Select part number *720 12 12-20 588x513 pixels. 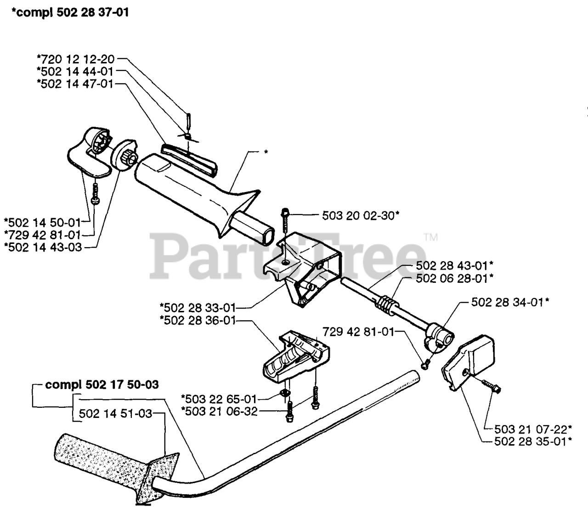pos(75,59)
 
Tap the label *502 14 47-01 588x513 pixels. pos(75,84)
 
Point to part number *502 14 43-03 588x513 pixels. pos(43,247)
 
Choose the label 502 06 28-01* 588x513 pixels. pos(455,278)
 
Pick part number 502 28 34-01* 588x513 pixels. pos(510,302)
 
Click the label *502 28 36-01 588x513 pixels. pos(198,321)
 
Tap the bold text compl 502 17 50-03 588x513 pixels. pos(102,384)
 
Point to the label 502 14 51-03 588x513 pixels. pos(115,413)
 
